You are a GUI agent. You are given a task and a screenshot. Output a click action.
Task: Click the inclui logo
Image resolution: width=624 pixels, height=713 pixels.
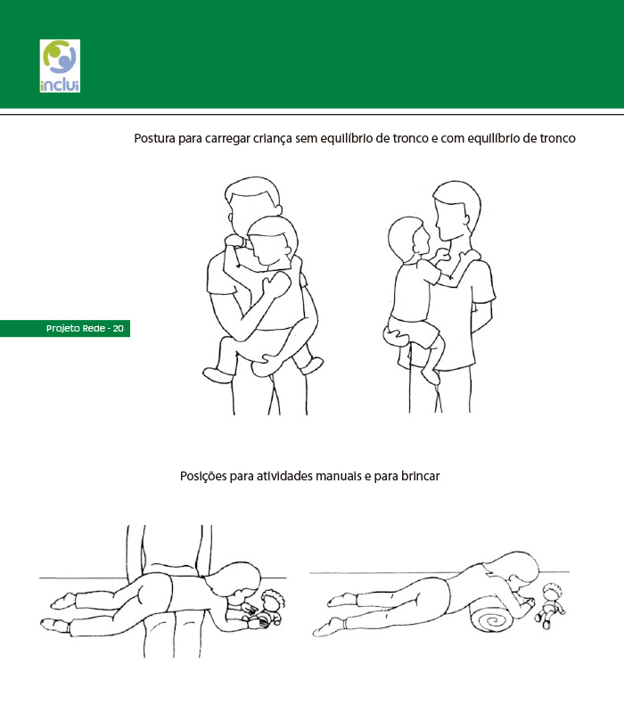(x=60, y=66)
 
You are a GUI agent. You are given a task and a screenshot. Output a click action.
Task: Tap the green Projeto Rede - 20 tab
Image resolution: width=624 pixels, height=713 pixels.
(x=65, y=328)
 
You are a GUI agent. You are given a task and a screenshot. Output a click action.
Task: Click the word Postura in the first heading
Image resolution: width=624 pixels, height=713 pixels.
(x=154, y=138)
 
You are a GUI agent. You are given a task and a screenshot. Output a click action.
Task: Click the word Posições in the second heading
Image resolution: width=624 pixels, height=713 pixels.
(x=203, y=477)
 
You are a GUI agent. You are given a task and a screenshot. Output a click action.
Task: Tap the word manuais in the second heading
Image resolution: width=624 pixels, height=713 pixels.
(x=338, y=476)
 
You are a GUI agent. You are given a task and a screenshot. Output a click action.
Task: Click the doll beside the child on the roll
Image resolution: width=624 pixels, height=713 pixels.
(x=550, y=605)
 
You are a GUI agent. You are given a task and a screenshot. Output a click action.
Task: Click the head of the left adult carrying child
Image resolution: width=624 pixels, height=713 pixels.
(x=253, y=204)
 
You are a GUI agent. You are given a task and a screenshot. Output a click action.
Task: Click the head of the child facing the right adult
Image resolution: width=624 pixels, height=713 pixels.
(x=409, y=238)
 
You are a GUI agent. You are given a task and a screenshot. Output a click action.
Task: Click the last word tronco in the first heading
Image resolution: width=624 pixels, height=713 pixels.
(x=557, y=138)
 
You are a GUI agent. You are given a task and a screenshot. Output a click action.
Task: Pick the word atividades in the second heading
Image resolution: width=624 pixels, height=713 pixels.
(x=284, y=476)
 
